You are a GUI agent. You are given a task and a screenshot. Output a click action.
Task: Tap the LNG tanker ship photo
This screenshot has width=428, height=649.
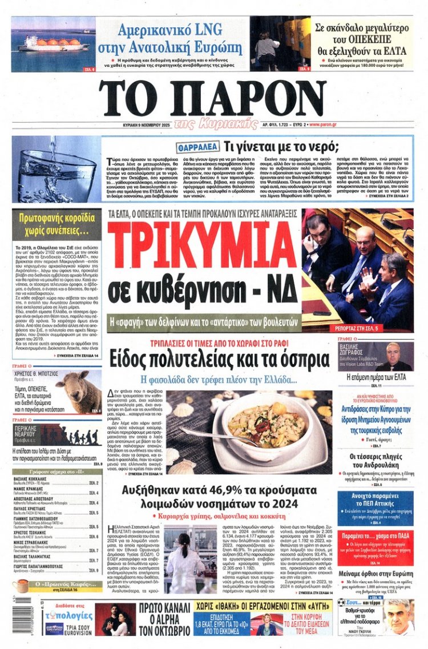pyautogui.click(x=53, y=44)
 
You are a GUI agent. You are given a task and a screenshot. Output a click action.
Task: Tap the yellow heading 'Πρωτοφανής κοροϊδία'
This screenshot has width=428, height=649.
pyautogui.click(x=56, y=224)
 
